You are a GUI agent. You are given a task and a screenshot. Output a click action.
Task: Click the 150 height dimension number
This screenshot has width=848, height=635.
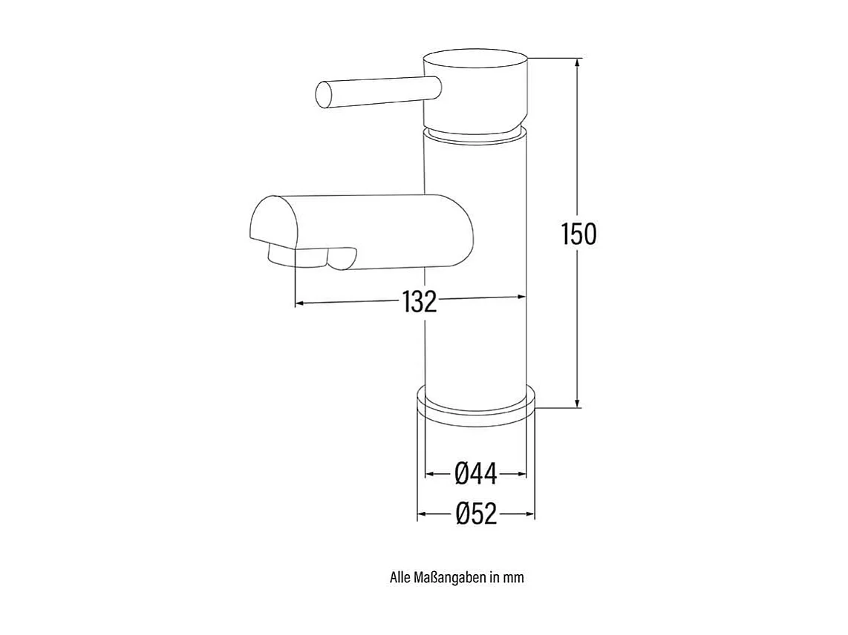pyautogui.click(x=578, y=234)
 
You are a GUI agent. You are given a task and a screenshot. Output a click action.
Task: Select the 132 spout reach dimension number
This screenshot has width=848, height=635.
pyautogui.click(x=420, y=302)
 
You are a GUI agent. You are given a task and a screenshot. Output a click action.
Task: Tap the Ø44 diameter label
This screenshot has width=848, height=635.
pyautogui.click(x=475, y=473)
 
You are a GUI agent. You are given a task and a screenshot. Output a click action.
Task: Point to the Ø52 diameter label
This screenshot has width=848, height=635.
pyautogui.click(x=475, y=513)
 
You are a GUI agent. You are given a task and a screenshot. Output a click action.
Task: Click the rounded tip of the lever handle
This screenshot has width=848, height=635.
pyautogui.click(x=323, y=94)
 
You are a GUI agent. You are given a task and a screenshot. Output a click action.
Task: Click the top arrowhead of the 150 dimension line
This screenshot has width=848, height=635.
pyautogui.click(x=578, y=64)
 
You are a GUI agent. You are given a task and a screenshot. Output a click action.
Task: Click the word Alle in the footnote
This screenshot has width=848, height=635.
pyautogui.click(x=400, y=577)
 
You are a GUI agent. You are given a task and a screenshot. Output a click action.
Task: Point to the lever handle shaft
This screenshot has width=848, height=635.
pyautogui.click(x=379, y=93)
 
